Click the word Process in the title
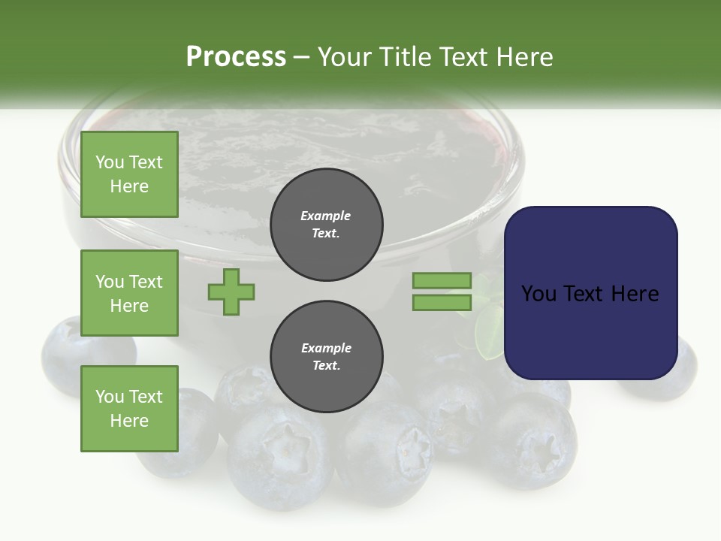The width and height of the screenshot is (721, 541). [x=236, y=57]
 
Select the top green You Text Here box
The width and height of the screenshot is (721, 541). [x=129, y=174]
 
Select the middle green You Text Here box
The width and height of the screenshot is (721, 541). [x=129, y=293]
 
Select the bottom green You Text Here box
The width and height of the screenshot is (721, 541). [x=129, y=409]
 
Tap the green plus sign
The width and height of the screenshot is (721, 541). [x=231, y=292]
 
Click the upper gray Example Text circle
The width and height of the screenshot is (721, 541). [x=326, y=225]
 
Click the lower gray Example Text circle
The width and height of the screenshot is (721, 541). [x=326, y=357]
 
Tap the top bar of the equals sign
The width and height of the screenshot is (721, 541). [x=442, y=280]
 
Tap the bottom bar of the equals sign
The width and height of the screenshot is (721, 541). [x=442, y=303]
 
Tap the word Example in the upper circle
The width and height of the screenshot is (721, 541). [x=326, y=216]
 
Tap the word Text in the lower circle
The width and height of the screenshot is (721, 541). [x=326, y=366]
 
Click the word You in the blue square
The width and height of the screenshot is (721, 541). [x=538, y=294]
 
